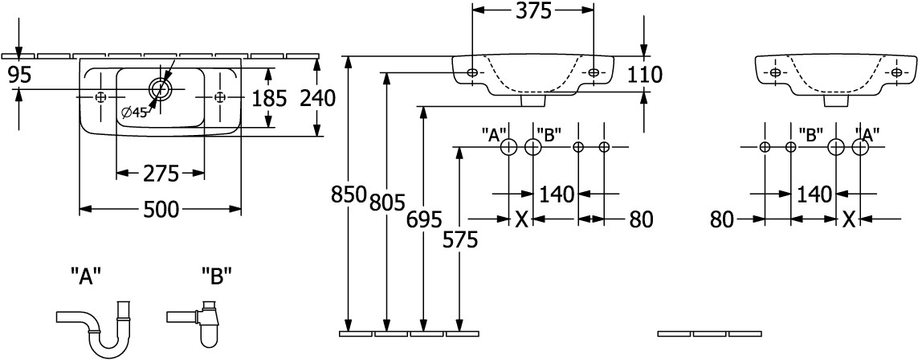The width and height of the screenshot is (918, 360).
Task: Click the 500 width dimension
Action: (x=161, y=209)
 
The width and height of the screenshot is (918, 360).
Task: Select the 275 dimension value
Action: (x=161, y=172)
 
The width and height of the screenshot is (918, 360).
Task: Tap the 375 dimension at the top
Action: (x=532, y=10)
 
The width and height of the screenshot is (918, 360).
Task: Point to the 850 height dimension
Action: (x=349, y=194)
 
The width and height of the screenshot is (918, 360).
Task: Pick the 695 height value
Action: (x=423, y=219)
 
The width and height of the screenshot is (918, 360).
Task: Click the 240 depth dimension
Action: (x=316, y=97)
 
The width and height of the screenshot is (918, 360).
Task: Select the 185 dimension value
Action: (x=269, y=97)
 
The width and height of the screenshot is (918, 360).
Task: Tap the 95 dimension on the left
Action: (x=18, y=75)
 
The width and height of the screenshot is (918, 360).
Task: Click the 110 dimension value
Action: (x=645, y=75)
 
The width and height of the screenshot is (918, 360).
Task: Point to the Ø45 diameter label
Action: (x=134, y=112)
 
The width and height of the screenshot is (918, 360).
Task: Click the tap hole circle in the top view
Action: (x=160, y=86)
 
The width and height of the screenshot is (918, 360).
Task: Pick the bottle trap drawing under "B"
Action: (x=202, y=319)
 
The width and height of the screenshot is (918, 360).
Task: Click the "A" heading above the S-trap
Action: (x=85, y=277)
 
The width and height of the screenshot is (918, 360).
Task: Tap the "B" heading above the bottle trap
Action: (x=217, y=277)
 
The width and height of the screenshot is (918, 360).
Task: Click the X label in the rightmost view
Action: (x=848, y=218)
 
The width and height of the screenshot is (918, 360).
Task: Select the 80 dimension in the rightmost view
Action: (x=724, y=218)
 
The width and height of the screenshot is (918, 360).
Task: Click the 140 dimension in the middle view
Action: (x=556, y=193)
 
